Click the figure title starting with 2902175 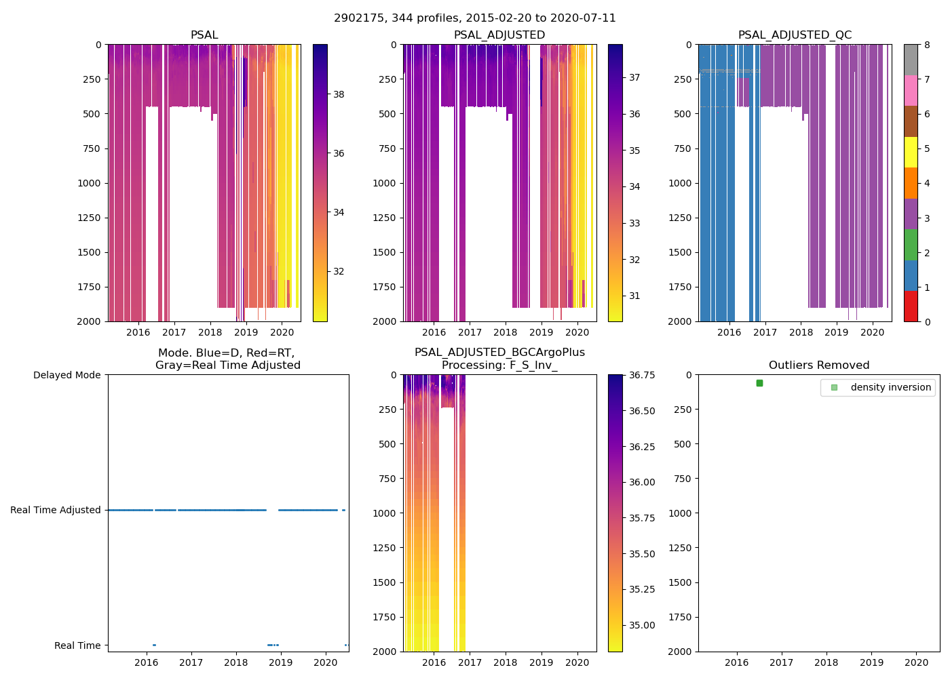(475, 18)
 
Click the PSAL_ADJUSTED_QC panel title (795, 35)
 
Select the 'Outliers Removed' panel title (819, 365)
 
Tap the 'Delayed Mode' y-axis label (66, 375)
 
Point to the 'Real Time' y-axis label (77, 645)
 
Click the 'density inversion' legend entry (890, 387)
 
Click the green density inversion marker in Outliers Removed (759, 383)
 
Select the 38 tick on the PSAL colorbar (339, 94)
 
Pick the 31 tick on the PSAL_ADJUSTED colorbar (634, 296)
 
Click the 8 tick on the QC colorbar (927, 45)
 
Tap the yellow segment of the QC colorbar (911, 152)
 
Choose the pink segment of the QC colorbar (911, 90)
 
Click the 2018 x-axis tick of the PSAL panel (210, 332)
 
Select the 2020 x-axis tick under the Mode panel (326, 662)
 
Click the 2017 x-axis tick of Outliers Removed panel (782, 662)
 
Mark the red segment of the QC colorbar (911, 306)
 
